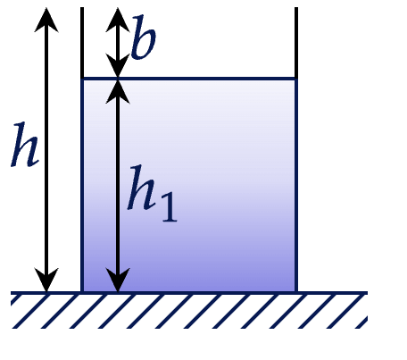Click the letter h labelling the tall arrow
click(x=25, y=145)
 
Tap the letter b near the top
click(x=144, y=37)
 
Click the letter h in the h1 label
click(x=142, y=188)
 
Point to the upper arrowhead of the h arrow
click(x=46, y=20)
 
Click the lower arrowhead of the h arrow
click(x=46, y=280)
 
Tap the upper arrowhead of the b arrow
click(x=118, y=20)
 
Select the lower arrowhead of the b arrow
click(x=118, y=65)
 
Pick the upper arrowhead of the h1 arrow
click(x=118, y=92)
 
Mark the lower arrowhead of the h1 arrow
click(x=118, y=280)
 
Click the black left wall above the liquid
click(x=82, y=42)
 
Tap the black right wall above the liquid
click(x=296, y=42)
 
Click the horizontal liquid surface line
click(x=189, y=79)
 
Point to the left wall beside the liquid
click(x=82, y=185)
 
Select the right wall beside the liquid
click(x=296, y=185)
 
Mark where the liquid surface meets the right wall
click(x=296, y=79)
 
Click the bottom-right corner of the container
click(x=296, y=293)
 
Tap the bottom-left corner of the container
click(x=82, y=293)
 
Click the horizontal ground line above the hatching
click(x=189, y=293)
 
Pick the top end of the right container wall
click(x=296, y=8)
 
